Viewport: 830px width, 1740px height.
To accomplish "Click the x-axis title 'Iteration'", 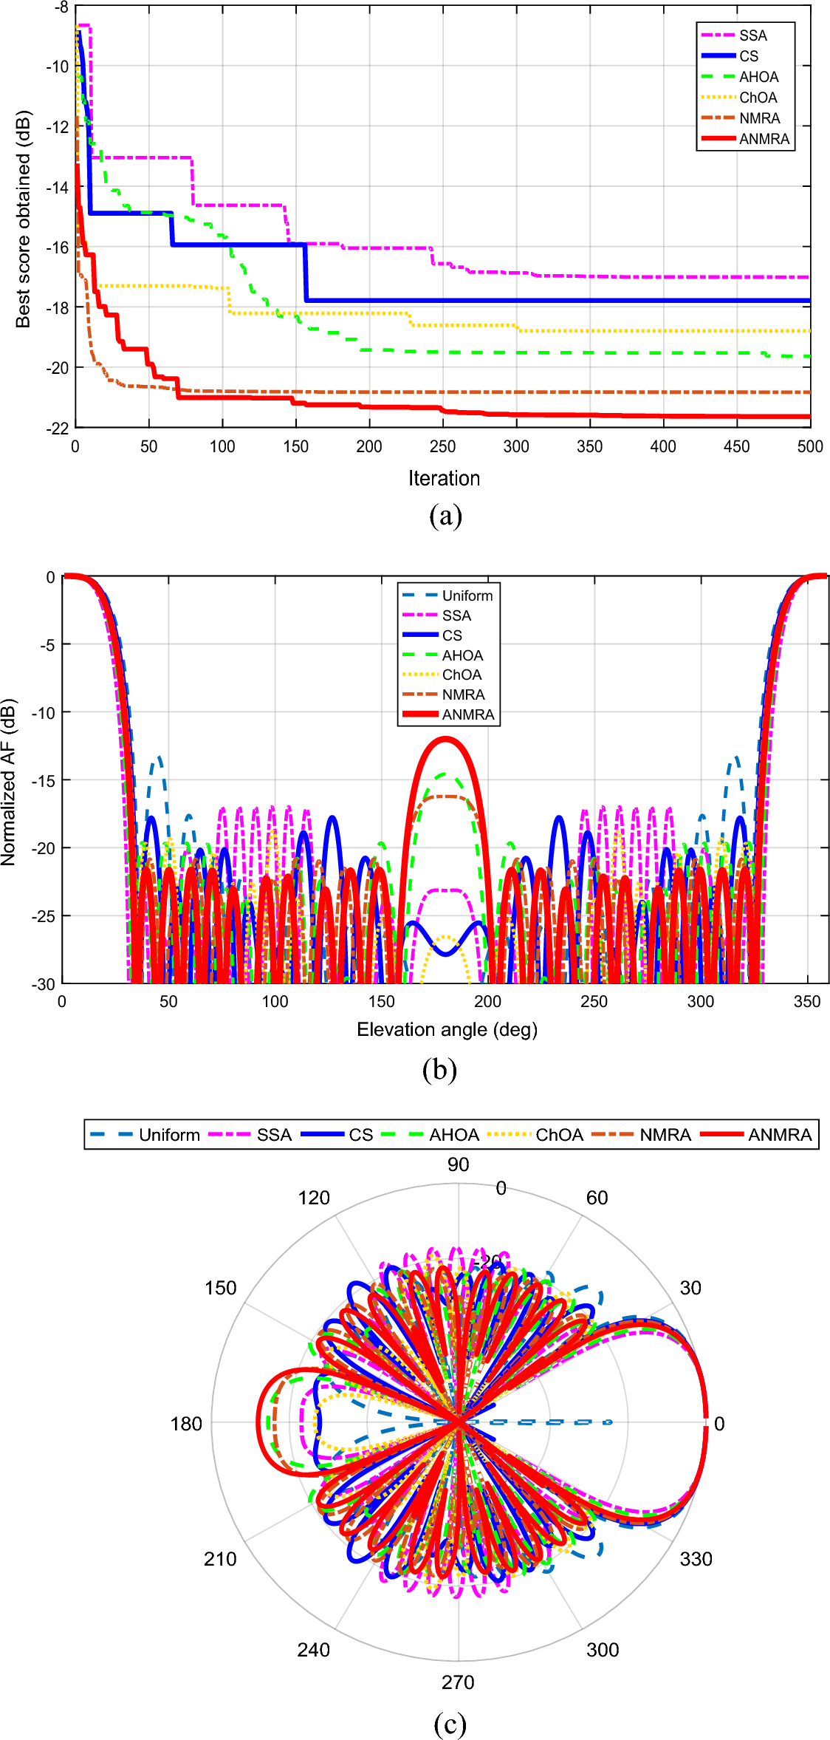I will point(444,478).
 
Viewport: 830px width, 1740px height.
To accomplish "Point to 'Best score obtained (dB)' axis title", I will point(23,219).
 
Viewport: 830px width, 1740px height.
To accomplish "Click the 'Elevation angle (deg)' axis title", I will point(447,1029).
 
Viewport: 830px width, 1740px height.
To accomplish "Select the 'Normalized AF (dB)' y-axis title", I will point(8,782).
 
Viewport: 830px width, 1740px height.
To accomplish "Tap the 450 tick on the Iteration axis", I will point(736,446).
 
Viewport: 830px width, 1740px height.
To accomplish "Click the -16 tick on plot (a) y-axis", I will point(57,248).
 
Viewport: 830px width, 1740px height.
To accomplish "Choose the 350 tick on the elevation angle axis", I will point(806,1002).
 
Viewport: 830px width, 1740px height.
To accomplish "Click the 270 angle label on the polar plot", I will point(458,1682).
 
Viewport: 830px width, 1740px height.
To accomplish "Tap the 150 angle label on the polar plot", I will point(220,1288).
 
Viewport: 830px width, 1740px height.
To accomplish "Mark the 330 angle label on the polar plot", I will point(696,1559).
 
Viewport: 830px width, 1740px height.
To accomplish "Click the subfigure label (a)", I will point(445,516).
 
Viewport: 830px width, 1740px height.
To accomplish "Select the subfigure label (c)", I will point(450,1724).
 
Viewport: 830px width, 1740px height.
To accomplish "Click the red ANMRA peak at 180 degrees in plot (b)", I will point(445,739).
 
